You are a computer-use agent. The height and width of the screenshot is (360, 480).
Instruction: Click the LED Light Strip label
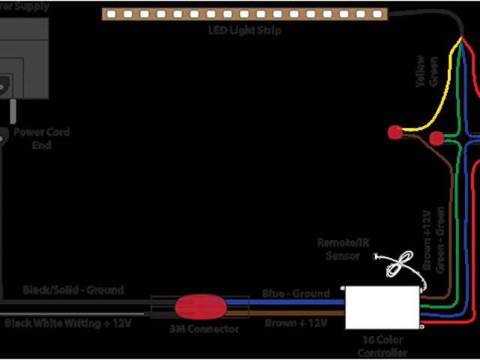coord(245,30)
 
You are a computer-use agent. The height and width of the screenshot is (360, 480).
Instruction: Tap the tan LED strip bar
coord(245,13)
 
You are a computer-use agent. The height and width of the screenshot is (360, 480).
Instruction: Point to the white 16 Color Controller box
coord(382,307)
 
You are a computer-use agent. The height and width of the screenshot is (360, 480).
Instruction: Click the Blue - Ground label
coord(295,293)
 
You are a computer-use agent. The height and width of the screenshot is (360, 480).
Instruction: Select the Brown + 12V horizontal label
coord(295,323)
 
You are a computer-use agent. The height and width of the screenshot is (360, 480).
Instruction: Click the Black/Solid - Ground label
coord(73,289)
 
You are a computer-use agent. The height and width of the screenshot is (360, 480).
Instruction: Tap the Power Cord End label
coord(42,138)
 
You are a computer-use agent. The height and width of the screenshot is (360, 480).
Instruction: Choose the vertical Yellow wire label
coord(421,73)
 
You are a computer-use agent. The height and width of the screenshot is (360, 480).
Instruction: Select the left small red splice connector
coord(394,133)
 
